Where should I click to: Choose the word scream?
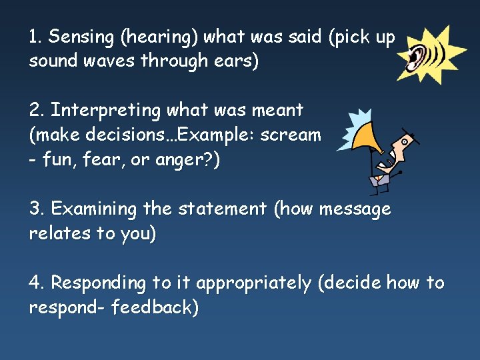(291, 134)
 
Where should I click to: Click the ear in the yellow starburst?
(417, 57)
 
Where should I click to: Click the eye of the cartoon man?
(404, 141)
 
